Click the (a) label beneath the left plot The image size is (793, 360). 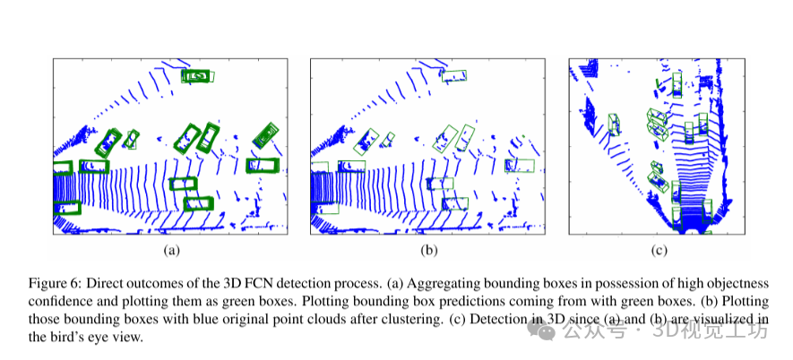[x=170, y=250]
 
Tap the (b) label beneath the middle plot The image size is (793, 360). [x=429, y=250]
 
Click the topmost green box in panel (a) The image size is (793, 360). [x=198, y=76]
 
